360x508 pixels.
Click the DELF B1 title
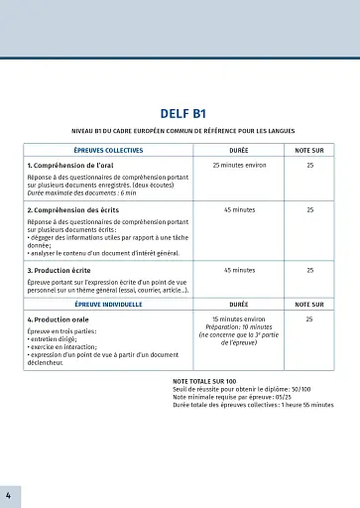click(x=181, y=113)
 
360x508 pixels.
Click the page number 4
click(x=8, y=493)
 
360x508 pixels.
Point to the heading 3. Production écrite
click(x=61, y=270)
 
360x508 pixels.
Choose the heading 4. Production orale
click(x=59, y=319)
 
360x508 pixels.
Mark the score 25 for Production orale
click(x=309, y=319)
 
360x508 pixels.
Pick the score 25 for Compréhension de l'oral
click(x=309, y=165)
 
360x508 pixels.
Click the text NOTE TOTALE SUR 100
click(x=204, y=381)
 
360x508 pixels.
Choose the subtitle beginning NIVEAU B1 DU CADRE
click(x=181, y=131)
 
